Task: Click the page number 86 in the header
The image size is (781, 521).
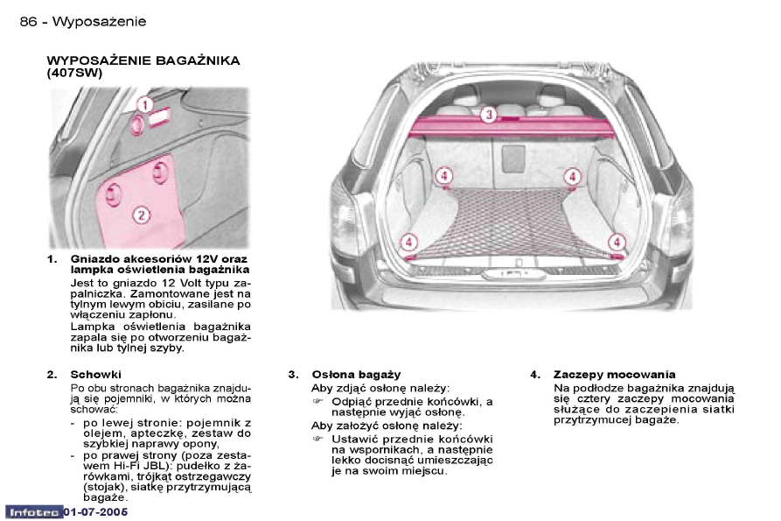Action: click(x=28, y=21)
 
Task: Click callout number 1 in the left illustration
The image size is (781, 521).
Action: click(x=144, y=105)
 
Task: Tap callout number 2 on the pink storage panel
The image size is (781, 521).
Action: click(x=142, y=215)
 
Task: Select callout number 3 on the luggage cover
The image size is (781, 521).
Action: click(x=489, y=115)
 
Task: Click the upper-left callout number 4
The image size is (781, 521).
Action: click(x=443, y=176)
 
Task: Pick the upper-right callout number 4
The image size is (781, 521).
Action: click(x=572, y=177)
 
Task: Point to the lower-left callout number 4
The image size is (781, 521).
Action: click(x=409, y=243)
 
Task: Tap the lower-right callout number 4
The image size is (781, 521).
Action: click(x=617, y=243)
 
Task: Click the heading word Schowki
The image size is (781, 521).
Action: click(x=95, y=375)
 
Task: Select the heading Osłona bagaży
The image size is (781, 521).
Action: click(x=356, y=375)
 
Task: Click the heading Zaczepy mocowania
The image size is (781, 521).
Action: click(x=615, y=375)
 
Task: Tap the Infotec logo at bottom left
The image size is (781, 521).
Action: click(x=34, y=512)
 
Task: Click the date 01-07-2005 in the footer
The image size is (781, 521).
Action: click(x=95, y=512)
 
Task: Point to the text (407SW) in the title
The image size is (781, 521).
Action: click(x=74, y=74)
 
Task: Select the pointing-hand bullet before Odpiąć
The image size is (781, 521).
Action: click(x=317, y=401)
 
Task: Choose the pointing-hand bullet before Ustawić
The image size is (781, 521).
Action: click(x=317, y=440)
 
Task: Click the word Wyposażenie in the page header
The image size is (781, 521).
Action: click(x=99, y=21)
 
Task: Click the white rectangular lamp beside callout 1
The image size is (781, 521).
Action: click(x=159, y=118)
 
